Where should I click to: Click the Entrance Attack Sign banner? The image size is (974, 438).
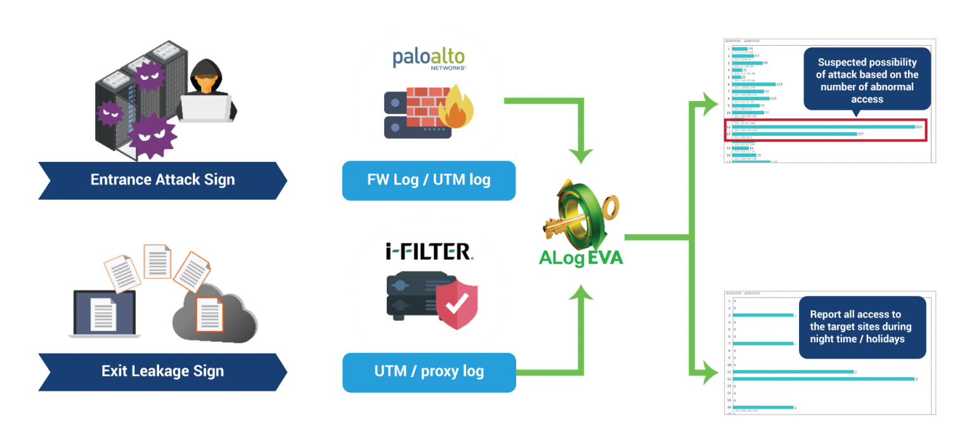coord(162,180)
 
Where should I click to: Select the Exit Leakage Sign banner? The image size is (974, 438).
coord(162,371)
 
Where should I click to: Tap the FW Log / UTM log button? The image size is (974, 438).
coord(429,180)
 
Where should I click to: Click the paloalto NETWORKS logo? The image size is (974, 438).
coord(429,58)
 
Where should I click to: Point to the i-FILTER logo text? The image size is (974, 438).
coord(429,252)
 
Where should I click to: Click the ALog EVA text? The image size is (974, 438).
coord(581,258)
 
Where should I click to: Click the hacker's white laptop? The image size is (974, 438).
coord(207,108)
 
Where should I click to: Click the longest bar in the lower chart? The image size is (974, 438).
coord(822,379)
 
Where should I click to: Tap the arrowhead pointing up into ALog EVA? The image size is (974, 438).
coord(581,290)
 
